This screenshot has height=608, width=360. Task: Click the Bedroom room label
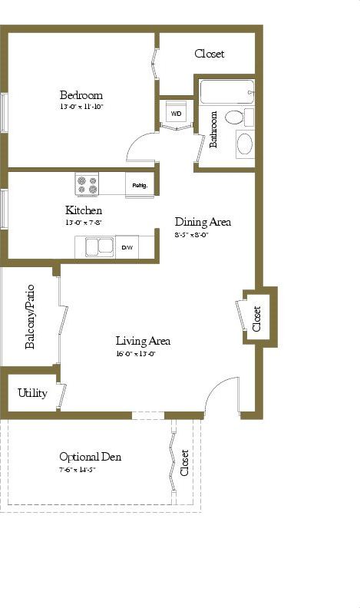81,95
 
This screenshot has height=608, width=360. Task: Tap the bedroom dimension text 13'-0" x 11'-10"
81,107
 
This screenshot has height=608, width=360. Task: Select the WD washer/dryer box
176,113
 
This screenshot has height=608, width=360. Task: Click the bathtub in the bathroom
226,92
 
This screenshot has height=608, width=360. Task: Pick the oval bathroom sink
244,144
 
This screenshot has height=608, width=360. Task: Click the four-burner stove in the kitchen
87,185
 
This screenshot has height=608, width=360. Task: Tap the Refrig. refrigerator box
140,185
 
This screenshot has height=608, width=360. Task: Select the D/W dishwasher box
127,247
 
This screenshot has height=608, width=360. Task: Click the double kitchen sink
97,247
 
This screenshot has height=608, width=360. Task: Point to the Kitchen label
84,210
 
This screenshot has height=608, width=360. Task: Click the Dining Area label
203,222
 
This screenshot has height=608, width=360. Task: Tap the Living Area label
143,341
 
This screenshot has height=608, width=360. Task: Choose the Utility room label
32,393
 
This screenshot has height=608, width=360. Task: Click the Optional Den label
90,457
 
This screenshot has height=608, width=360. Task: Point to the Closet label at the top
209,54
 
